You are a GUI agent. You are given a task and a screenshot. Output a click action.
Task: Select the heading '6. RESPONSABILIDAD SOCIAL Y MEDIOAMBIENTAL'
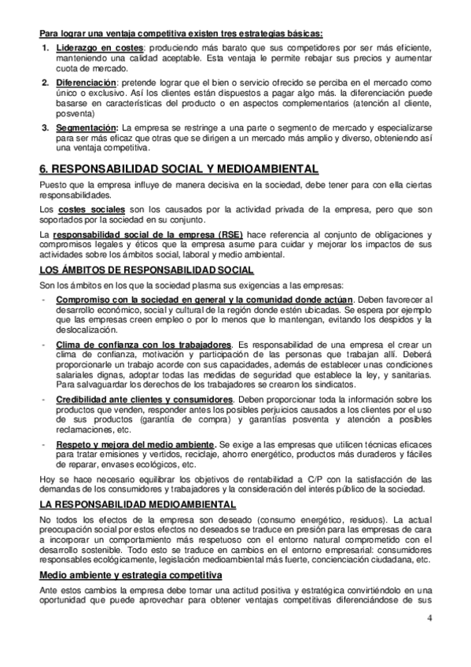(178, 168)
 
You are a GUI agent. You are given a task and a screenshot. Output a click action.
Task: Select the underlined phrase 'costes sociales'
(92, 211)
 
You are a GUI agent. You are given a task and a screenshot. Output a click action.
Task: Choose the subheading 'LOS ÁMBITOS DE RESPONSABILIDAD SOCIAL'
(145, 270)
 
